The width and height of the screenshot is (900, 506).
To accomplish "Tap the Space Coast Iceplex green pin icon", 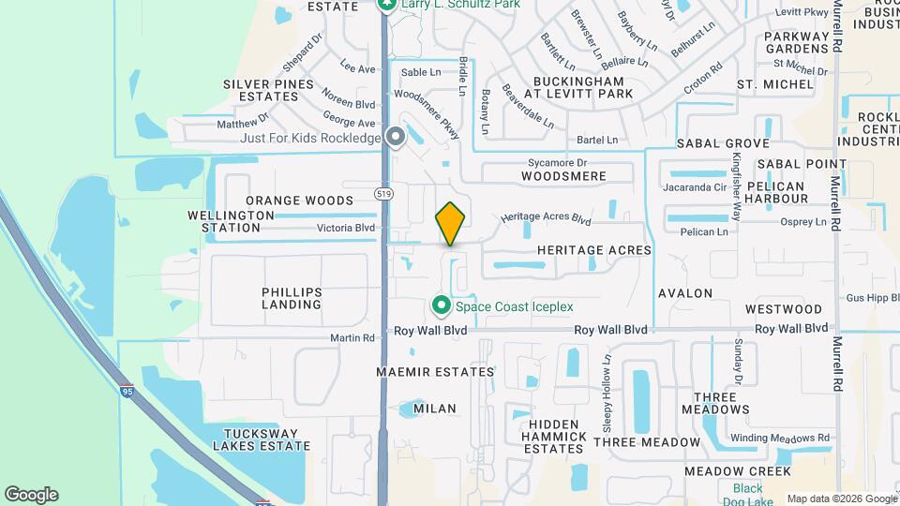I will pyautogui.click(x=440, y=305).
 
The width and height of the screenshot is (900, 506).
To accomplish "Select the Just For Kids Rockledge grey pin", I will pyautogui.click(x=396, y=138).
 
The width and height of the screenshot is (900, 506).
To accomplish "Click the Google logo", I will pyautogui.click(x=31, y=495).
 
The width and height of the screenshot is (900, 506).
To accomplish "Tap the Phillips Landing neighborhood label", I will pyautogui.click(x=292, y=298).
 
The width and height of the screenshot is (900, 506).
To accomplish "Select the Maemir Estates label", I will pyautogui.click(x=435, y=372).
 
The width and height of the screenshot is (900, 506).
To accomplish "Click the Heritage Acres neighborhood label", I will pyautogui.click(x=594, y=251).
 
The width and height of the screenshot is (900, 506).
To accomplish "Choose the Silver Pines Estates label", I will pyautogui.click(x=268, y=90).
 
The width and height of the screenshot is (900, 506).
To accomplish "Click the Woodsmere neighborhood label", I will pyautogui.click(x=564, y=176).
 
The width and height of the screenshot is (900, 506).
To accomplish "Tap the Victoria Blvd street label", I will pyautogui.click(x=346, y=228).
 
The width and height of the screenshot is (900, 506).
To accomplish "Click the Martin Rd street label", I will pyautogui.click(x=352, y=337).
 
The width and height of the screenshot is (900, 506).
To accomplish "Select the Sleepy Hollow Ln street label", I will pyautogui.click(x=607, y=393).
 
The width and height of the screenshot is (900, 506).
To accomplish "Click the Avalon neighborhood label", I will pyautogui.click(x=685, y=293).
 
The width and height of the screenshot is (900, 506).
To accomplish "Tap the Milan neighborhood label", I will pyautogui.click(x=435, y=409).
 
